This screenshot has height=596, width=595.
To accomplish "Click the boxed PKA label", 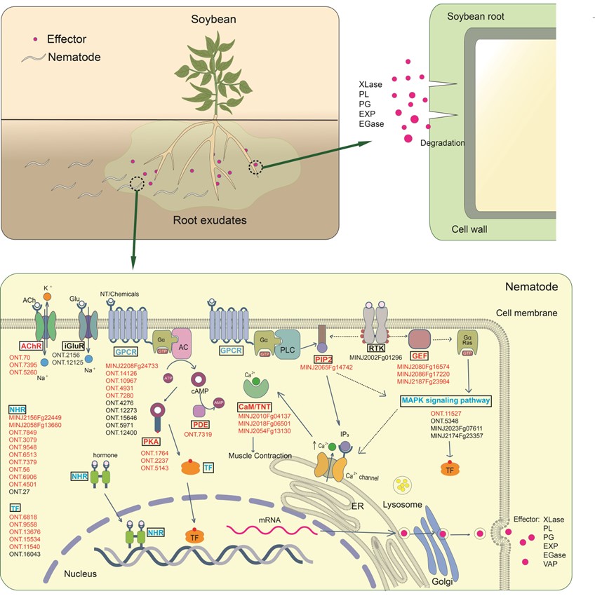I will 152,442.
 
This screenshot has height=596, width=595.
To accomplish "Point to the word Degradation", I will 442,143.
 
